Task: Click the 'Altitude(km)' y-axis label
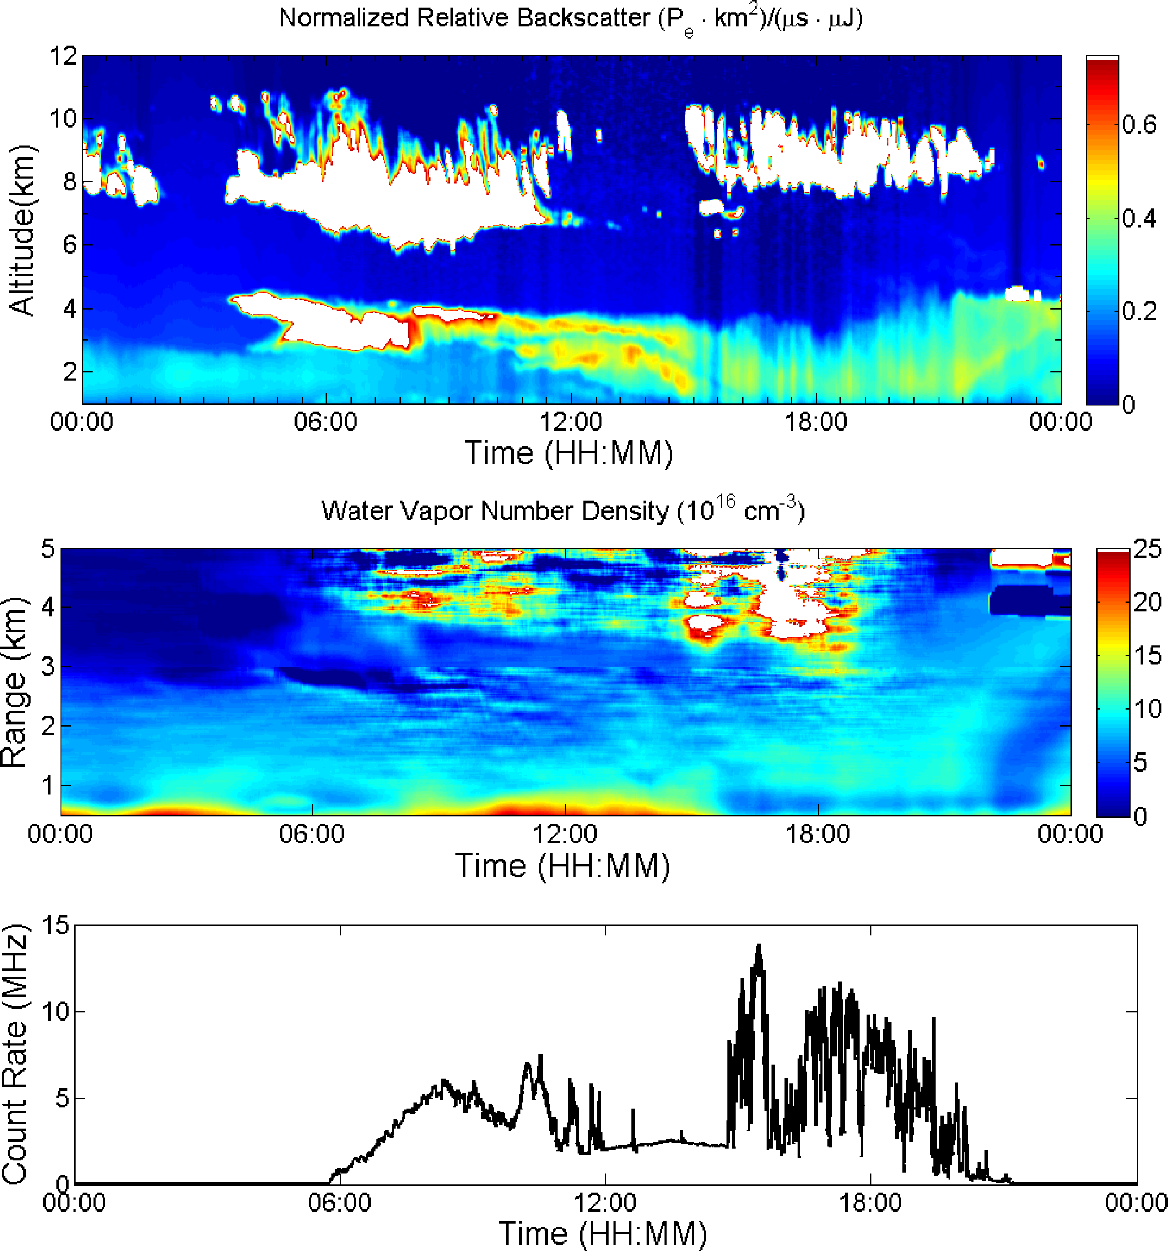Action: pyautogui.click(x=22, y=230)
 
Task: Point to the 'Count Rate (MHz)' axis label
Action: pyautogui.click(x=15, y=1054)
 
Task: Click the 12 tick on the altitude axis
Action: pyautogui.click(x=63, y=56)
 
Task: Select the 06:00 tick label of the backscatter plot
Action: pyautogui.click(x=325, y=422)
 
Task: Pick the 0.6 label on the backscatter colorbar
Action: pyautogui.click(x=1139, y=125)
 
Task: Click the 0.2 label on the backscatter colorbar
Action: pyautogui.click(x=1139, y=311)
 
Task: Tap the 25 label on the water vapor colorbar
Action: pyautogui.click(x=1147, y=549)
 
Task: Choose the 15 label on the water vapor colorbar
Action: pyautogui.click(x=1147, y=656)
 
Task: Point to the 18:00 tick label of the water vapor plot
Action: pyautogui.click(x=818, y=834)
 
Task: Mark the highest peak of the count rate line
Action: pyautogui.click(x=759, y=945)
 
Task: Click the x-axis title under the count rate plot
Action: pyautogui.click(x=602, y=1234)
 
